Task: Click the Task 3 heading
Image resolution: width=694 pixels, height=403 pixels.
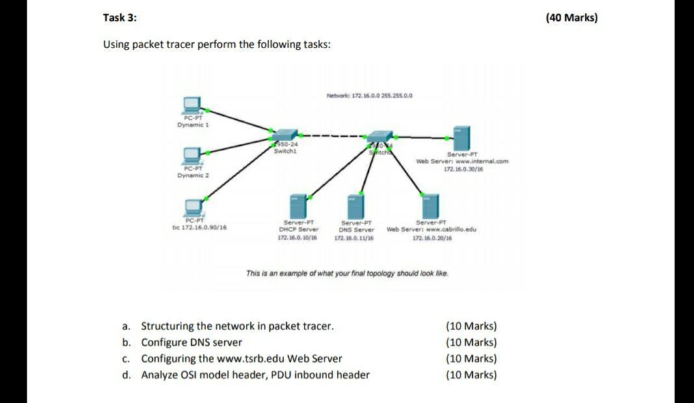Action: (x=120, y=18)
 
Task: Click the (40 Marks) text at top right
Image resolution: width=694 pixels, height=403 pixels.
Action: (x=571, y=18)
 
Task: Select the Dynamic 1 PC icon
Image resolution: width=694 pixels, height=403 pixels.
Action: (x=192, y=104)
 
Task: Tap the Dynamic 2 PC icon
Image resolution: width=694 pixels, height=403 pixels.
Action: (x=192, y=156)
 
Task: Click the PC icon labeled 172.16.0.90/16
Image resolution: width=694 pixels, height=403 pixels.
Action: (x=193, y=207)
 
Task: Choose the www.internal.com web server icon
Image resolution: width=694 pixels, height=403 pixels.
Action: (x=462, y=139)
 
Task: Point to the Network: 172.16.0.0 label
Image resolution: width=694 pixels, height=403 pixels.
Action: (x=369, y=96)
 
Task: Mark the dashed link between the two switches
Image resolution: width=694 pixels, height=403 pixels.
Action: (x=332, y=137)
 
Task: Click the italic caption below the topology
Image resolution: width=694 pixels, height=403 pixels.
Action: (x=347, y=273)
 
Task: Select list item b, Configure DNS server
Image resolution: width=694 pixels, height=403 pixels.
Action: (x=191, y=342)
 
